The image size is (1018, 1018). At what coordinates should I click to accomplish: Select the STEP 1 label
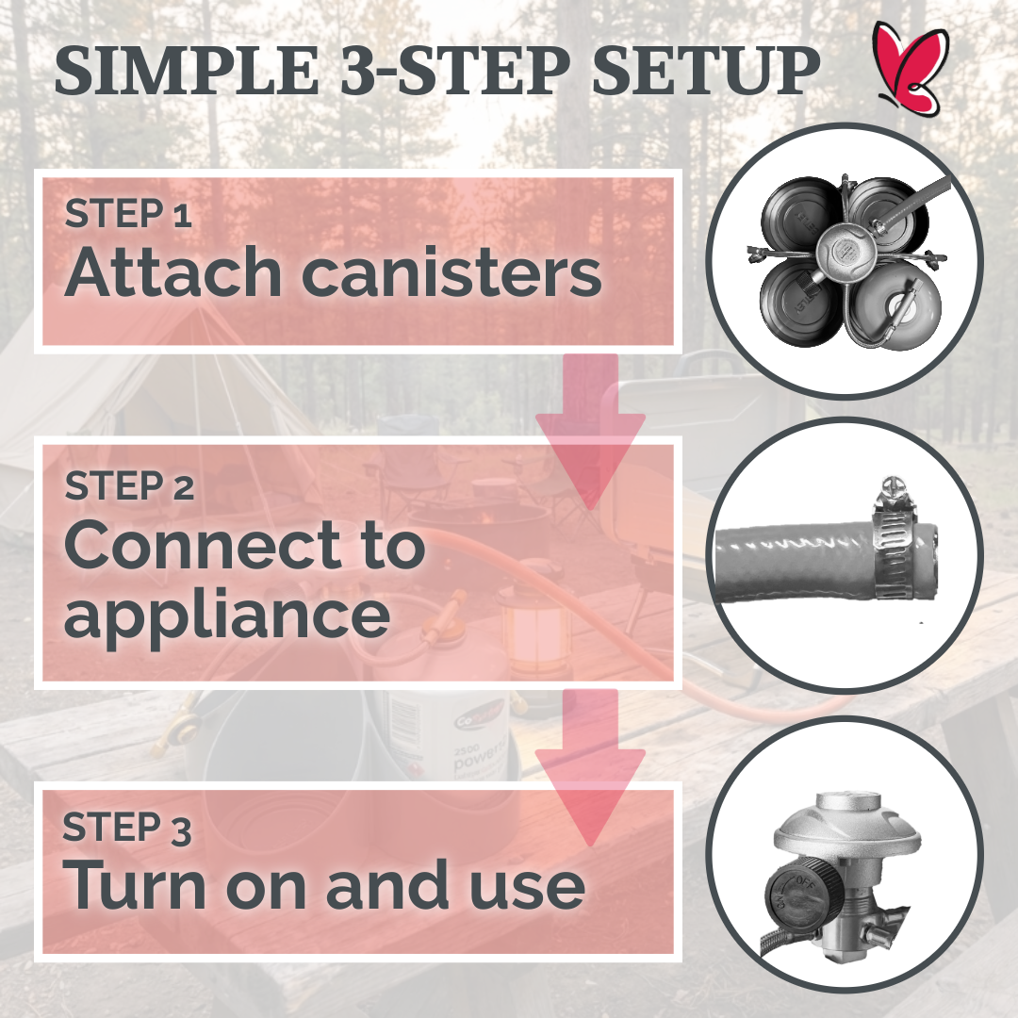pyautogui.click(x=128, y=215)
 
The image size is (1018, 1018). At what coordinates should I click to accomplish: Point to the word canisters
pyautogui.click(x=452, y=272)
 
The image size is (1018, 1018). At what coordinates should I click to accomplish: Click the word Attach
pyautogui.click(x=174, y=272)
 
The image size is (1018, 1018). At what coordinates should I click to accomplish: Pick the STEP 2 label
pyautogui.click(x=129, y=486)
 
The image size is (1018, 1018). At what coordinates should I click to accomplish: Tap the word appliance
pyautogui.click(x=226, y=615)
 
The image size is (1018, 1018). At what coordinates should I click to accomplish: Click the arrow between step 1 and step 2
pyautogui.click(x=590, y=434)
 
